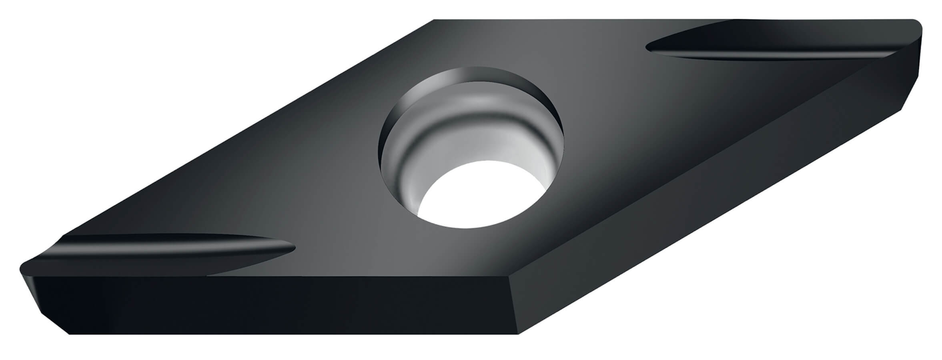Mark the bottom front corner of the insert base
point(519,334)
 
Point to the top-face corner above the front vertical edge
point(510,277)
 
